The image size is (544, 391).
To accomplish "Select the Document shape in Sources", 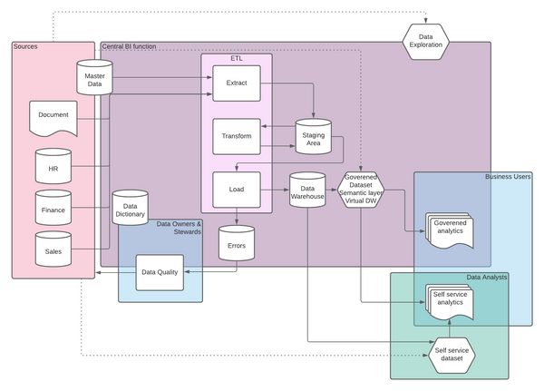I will click(53, 116).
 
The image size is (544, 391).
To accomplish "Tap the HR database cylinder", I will click(53, 167).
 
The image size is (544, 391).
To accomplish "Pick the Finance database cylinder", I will click(53, 209).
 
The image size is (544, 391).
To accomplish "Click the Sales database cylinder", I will click(53, 250).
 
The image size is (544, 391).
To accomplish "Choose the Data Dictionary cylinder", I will click(131, 210).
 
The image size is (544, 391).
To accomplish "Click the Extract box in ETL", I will click(236, 83).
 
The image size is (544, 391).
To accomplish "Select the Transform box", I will click(236, 136).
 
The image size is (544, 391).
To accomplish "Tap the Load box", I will click(236, 190).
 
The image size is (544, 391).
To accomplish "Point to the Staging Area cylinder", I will click(314, 138).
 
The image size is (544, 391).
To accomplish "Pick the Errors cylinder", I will click(237, 243).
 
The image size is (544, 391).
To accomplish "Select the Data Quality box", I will click(159, 271).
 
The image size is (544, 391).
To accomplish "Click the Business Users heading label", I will click(507, 177).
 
